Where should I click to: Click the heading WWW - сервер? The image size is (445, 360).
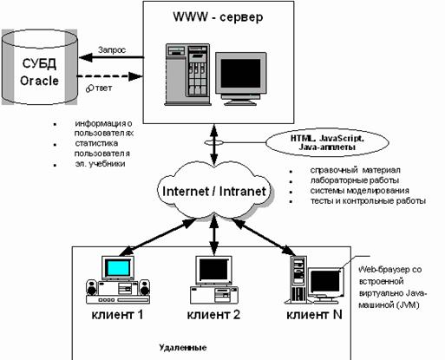[218, 17]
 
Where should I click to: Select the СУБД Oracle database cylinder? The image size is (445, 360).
[40, 67]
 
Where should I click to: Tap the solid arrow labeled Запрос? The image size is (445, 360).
[112, 57]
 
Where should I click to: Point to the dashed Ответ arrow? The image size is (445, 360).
[110, 76]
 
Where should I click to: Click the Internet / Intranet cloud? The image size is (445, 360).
[214, 190]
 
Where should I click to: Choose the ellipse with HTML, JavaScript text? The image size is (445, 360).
[327, 143]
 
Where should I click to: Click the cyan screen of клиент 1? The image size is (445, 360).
[118, 268]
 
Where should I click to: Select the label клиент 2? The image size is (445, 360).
[213, 315]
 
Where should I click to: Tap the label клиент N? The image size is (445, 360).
[314, 315]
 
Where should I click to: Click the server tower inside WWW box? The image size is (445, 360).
[187, 75]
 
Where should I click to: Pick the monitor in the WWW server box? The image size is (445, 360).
[240, 79]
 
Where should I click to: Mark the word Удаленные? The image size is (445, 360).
[183, 347]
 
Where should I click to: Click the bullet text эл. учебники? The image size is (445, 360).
[100, 164]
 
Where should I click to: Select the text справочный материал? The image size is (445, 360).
[356, 170]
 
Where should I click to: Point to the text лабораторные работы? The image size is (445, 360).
[355, 180]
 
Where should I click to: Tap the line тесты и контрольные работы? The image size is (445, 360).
[368, 200]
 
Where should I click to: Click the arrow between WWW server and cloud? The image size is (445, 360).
[214, 144]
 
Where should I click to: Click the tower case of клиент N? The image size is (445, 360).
[298, 279]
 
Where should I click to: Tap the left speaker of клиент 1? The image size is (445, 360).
[92, 287]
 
